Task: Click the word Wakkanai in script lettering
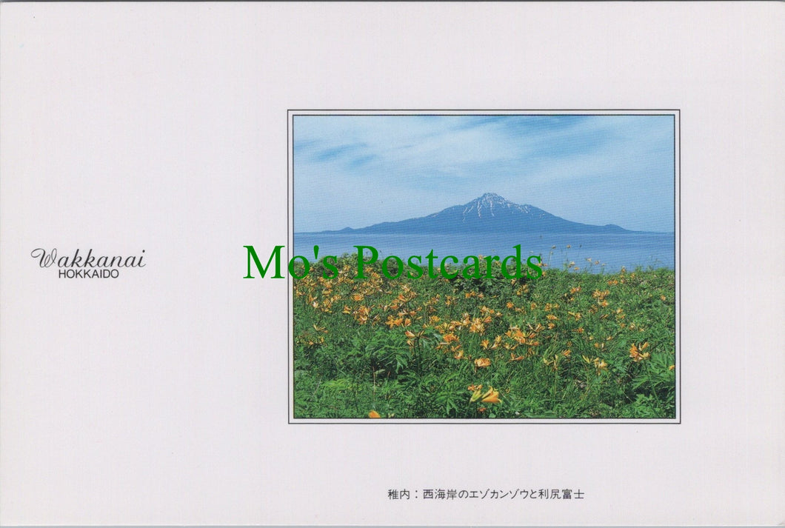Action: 88,258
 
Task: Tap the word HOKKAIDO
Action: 88,273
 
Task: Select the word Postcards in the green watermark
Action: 448,263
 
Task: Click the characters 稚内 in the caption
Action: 398,494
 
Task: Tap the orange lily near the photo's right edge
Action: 638,351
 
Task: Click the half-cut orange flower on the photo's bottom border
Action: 374,415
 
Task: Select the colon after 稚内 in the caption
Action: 416,494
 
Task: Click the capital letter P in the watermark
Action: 367,263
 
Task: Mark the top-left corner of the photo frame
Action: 289,112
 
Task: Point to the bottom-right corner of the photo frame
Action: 678,422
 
